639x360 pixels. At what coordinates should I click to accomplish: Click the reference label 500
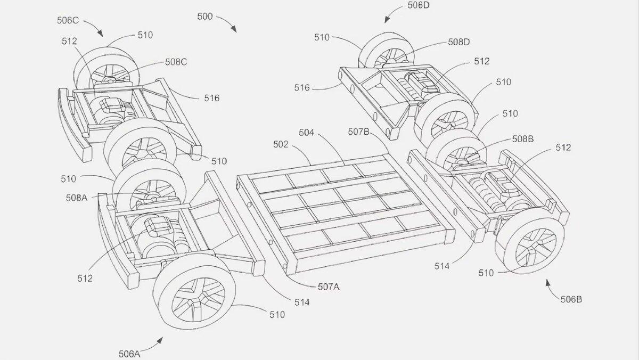[x=205, y=17]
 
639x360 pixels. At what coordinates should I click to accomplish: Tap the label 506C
[x=68, y=21]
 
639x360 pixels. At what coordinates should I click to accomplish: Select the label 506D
[x=419, y=5]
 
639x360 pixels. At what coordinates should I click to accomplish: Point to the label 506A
[x=129, y=354]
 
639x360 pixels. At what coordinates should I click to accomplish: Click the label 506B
[x=571, y=299]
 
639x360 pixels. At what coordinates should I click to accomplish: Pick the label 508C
[x=176, y=62]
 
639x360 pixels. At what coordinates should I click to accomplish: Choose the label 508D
[x=458, y=42]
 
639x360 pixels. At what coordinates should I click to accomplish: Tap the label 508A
[x=77, y=198]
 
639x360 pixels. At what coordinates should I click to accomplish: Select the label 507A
[x=329, y=287]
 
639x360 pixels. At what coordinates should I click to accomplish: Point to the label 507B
[x=359, y=132]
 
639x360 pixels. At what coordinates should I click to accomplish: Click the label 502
[x=281, y=145]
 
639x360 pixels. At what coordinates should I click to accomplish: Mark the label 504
[x=306, y=133]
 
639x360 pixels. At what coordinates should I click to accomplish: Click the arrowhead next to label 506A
[x=160, y=340]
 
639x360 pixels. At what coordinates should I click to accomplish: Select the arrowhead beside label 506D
[x=387, y=19]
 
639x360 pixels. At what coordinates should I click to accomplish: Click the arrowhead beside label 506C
[x=100, y=34]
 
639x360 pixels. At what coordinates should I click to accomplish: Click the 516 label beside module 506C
[x=212, y=99]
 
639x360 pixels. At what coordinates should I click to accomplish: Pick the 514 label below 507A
[x=302, y=302]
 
